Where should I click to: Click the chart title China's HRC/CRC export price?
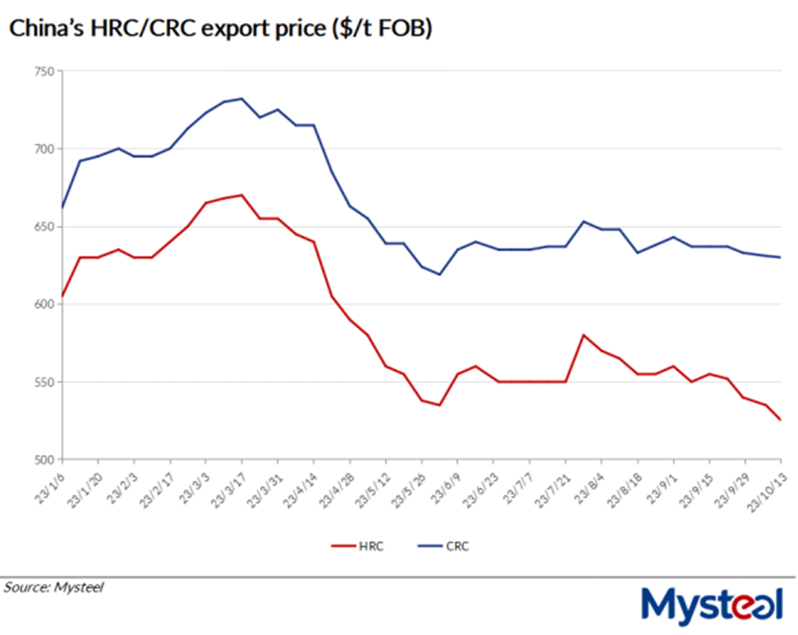coord(220,29)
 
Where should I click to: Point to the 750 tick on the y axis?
coord(42,71)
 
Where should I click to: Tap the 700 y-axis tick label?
coord(42,149)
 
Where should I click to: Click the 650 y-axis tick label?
coord(42,226)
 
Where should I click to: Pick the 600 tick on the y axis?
coord(42,304)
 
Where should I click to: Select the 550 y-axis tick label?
coord(42,381)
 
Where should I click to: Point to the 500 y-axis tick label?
coord(42,459)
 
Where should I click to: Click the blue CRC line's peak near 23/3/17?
coord(242,99)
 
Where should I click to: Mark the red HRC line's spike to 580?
coord(584,335)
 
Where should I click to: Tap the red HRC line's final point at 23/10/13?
coord(781,420)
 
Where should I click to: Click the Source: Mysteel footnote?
coord(54,586)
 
